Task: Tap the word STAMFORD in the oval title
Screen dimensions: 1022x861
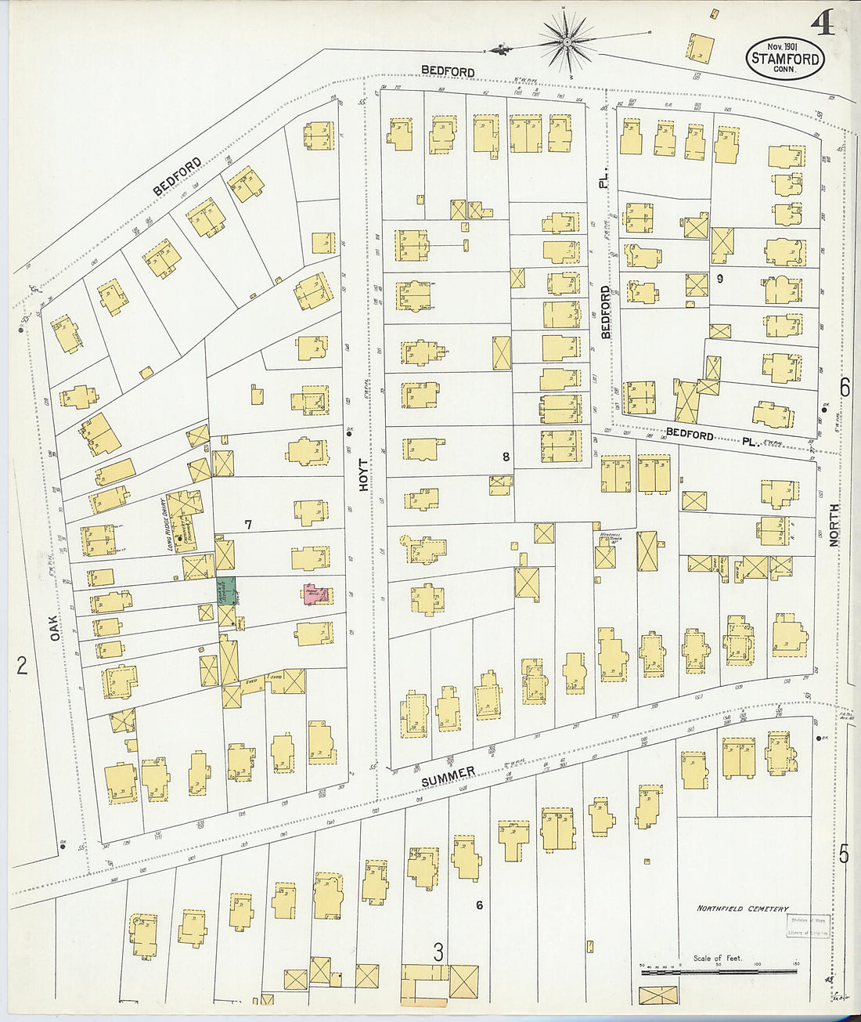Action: tap(785, 59)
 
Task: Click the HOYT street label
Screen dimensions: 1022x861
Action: tap(364, 475)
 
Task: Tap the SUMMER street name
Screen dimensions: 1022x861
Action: tap(448, 777)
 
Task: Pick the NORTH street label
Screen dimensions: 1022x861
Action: tap(834, 524)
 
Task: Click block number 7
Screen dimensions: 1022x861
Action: tap(248, 525)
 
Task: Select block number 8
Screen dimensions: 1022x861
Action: tap(506, 456)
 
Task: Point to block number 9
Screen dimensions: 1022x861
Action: tap(719, 278)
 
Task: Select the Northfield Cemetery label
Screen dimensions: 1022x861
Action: tap(742, 908)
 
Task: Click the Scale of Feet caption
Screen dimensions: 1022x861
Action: tap(716, 958)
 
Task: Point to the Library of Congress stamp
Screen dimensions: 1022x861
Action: tap(808, 926)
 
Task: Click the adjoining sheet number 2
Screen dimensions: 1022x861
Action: tap(22, 666)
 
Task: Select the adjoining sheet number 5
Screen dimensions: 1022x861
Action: tap(844, 854)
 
